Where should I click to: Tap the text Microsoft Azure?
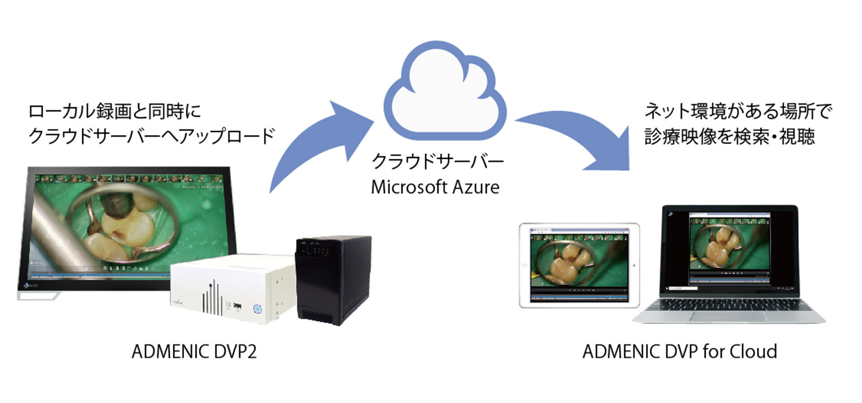pyautogui.click(x=435, y=187)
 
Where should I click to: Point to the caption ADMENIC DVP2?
pyautogui.click(x=194, y=351)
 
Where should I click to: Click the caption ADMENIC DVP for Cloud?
pyautogui.click(x=679, y=351)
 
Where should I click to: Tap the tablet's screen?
pyautogui.click(x=579, y=265)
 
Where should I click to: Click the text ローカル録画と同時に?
pyautogui.click(x=114, y=111)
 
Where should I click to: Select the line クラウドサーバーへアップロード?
pyautogui.click(x=151, y=136)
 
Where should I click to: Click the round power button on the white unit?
pyautogui.click(x=257, y=309)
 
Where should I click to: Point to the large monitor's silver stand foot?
pyautogui.click(x=40, y=296)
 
